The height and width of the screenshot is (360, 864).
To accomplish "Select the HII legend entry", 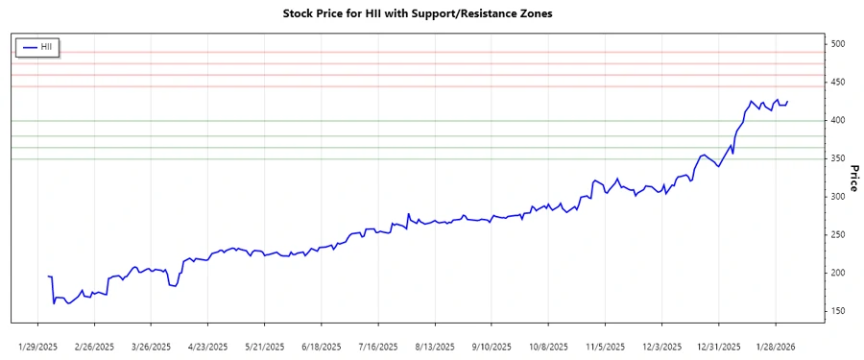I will pos(39,46).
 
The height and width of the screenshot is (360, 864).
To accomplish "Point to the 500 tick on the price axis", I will pos(838,44).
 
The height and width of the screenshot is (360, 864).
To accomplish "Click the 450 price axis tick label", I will pos(838,83).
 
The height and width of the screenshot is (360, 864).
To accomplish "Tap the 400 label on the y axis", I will pos(838,120).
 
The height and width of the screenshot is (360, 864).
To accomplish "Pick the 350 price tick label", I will pos(838,158).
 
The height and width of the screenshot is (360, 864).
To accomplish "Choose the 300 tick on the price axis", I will pos(838,197).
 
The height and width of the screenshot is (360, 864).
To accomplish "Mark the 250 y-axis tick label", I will pos(838,235).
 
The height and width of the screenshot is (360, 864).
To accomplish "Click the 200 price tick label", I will pos(838,274).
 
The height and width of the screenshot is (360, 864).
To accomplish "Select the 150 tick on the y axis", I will pos(838,311).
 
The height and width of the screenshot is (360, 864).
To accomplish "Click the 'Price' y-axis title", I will pos(853,178).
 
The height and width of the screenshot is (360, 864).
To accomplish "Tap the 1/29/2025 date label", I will pos(40,347).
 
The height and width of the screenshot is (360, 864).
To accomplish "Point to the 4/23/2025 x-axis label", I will pos(207,347).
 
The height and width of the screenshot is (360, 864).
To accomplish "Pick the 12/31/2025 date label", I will pos(717,347).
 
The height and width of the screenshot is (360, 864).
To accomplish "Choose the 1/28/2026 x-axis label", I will pos(774,347).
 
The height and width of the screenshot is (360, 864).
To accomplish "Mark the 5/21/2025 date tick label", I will pos(263,347).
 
